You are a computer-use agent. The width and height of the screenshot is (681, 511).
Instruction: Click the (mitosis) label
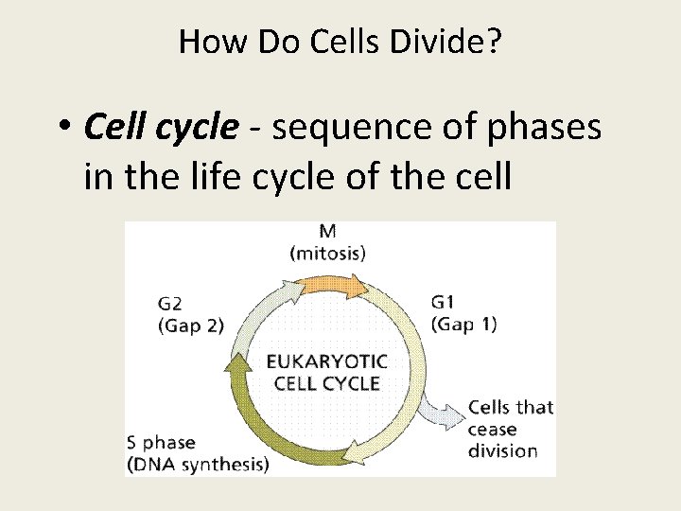pyautogui.click(x=327, y=253)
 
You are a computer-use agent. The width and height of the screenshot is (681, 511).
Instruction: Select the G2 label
pyautogui.click(x=170, y=305)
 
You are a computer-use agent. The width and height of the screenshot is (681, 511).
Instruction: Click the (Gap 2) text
pyautogui.click(x=190, y=325)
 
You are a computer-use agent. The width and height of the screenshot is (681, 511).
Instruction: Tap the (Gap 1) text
pyautogui.click(x=463, y=324)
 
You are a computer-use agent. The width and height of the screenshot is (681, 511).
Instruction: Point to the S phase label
pyautogui.click(x=162, y=442)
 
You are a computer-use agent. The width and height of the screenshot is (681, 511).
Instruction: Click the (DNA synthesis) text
pyautogui.click(x=198, y=464)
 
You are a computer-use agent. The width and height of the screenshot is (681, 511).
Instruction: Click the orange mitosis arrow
pyautogui.click(x=326, y=283)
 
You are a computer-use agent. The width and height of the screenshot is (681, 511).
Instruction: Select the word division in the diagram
pyautogui.click(x=502, y=450)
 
